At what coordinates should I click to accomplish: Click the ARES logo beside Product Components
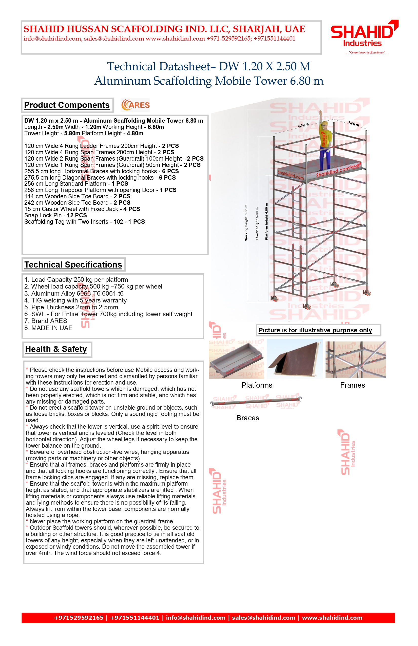coord(136,105)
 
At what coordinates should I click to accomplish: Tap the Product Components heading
coord(67,105)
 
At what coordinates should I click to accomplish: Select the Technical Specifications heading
coord(73,265)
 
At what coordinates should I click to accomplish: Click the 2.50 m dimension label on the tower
coord(303,125)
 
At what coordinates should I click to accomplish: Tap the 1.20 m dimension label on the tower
coord(354,124)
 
